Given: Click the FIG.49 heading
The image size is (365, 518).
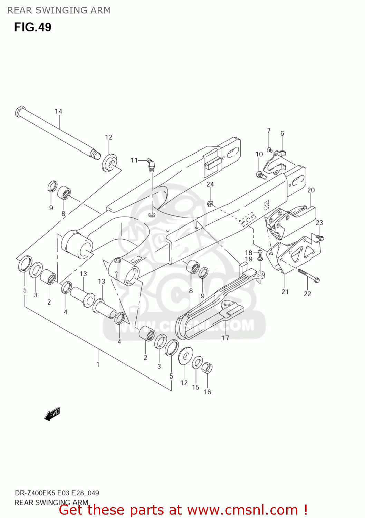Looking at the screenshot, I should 32,27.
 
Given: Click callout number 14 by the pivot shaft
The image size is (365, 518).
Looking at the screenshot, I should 58,111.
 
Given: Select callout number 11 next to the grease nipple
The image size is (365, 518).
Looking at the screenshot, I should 134,160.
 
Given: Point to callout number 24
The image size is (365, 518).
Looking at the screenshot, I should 210,184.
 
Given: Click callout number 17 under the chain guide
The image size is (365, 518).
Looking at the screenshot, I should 225,338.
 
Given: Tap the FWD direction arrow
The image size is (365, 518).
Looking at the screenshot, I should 52,414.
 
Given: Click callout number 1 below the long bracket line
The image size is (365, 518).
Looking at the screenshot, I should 98,364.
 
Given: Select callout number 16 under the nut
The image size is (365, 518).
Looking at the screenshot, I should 207,392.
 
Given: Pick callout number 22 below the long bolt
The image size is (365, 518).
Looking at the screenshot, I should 307,294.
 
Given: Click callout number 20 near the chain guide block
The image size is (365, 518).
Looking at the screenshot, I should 311,190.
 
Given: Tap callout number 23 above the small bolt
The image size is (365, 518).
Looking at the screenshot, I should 319,223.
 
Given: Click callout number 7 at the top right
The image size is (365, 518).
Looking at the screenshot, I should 269,131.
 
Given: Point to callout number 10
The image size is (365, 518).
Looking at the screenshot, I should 259,154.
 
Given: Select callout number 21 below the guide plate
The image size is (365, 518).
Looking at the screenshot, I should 285,292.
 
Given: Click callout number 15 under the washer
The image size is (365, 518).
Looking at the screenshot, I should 195,387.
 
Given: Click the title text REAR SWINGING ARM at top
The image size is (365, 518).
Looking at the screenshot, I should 59,10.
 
